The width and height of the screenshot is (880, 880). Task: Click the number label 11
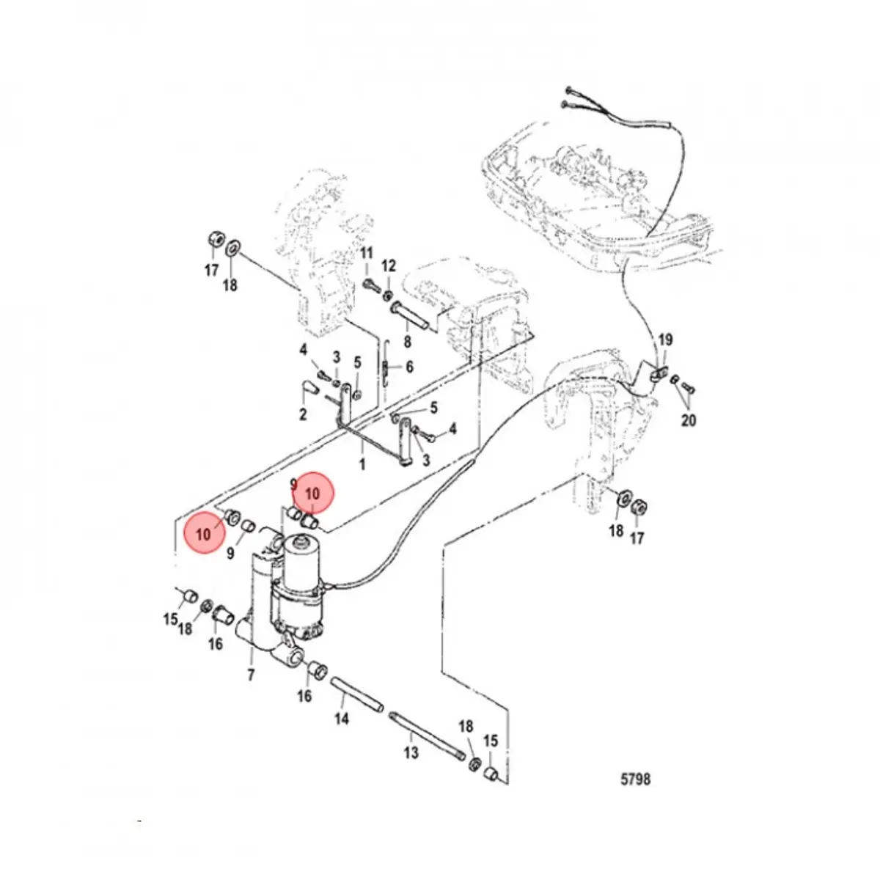tap(367, 254)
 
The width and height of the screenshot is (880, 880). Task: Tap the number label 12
tap(389, 265)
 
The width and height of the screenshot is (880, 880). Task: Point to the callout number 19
tap(664, 340)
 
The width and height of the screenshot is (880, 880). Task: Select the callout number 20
tap(688, 420)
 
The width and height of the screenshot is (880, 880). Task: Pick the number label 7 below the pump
tap(251, 675)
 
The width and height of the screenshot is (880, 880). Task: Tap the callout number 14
tap(342, 719)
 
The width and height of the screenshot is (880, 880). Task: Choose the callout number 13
tap(411, 752)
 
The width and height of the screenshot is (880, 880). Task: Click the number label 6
tap(409, 367)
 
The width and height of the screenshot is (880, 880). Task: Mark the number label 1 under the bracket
tap(362, 465)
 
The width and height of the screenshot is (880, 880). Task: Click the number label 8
tap(407, 341)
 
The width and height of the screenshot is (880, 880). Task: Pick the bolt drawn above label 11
tap(370, 285)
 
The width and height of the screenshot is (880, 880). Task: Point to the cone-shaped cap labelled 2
tap(309, 388)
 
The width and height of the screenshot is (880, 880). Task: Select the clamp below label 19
tap(658, 371)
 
